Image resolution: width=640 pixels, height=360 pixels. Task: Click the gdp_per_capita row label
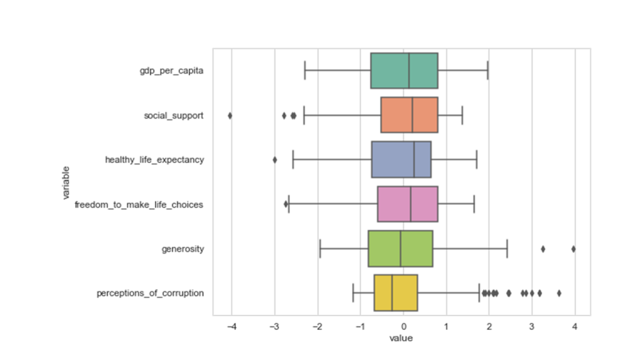pos(171,71)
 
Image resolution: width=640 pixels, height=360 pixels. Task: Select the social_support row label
pos(174,116)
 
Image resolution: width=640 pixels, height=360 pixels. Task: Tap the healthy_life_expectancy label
pos(154,160)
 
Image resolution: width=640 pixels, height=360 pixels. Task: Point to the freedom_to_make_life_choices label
pos(139,204)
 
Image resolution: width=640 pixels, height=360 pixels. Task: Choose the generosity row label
pos(182,249)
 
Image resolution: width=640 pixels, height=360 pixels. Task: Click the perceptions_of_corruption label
pos(150,294)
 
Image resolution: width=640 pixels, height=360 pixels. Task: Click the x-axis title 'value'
pos(401,338)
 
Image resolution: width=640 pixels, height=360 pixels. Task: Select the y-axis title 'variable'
pos(66,182)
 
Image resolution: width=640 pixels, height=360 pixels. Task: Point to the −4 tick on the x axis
pos(231,326)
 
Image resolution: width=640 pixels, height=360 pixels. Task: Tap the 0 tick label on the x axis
pos(403,326)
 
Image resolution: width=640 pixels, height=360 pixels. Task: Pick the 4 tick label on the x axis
pos(575,326)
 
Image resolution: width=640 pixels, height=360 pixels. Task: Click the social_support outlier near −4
pos(230,116)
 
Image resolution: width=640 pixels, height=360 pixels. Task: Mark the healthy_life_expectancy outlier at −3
pos(275,160)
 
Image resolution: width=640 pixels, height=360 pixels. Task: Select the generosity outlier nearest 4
pos(574,249)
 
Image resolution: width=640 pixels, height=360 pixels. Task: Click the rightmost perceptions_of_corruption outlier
pos(559,294)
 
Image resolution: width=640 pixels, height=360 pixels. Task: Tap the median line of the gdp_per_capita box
pos(409,71)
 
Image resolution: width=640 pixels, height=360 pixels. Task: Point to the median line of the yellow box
pos(392,293)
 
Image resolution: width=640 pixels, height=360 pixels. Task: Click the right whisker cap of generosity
pos(507,249)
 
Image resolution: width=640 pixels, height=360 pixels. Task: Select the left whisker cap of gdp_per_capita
pos(305,71)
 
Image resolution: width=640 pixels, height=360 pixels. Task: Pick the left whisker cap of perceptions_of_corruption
pos(353,293)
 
